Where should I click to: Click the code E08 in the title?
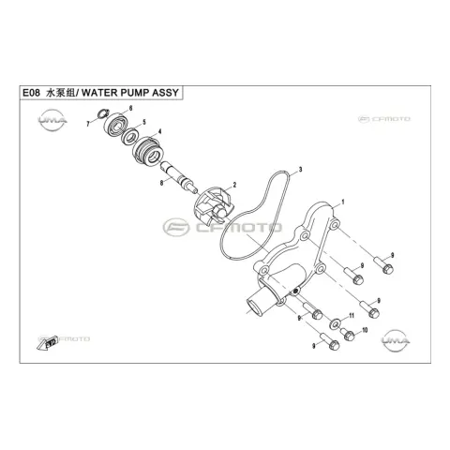(31, 93)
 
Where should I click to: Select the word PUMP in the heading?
(132, 93)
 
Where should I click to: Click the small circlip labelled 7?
(103, 113)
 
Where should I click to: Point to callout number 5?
(144, 122)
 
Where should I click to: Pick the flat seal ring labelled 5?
(128, 136)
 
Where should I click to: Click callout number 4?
(159, 131)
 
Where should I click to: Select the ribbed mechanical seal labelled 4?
(146, 151)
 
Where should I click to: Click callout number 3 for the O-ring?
(300, 170)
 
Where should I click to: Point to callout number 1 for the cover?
(343, 202)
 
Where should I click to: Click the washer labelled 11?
(335, 322)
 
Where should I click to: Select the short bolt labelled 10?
(347, 334)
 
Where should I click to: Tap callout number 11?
(352, 316)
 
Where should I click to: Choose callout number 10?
(365, 330)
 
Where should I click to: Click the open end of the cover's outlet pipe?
(255, 307)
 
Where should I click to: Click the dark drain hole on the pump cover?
(295, 292)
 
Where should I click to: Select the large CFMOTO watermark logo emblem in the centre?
(176, 227)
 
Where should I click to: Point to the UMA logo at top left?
(52, 120)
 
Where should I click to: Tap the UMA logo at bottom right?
(396, 340)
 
